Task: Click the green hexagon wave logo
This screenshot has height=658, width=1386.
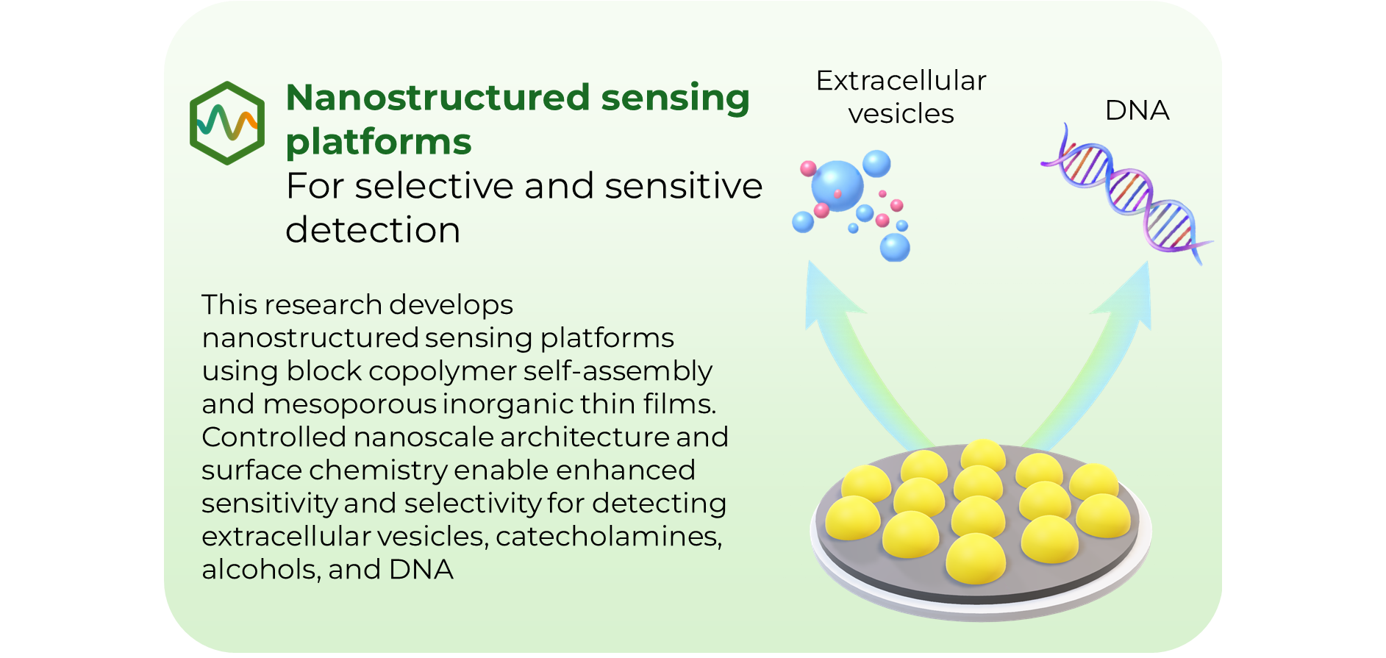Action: [227, 123]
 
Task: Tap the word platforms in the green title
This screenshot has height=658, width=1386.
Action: [378, 142]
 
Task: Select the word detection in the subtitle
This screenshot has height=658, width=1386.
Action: [373, 230]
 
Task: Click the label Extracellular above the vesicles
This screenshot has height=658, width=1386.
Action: [901, 81]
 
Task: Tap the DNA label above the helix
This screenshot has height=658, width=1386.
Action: [1137, 111]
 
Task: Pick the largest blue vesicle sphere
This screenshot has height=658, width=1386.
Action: [837, 184]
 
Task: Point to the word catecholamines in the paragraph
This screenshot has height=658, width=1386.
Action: [608, 537]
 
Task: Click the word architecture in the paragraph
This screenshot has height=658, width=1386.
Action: [586, 437]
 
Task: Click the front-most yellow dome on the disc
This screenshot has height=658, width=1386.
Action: [975, 559]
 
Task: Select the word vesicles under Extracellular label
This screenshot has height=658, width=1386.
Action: [901, 114]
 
